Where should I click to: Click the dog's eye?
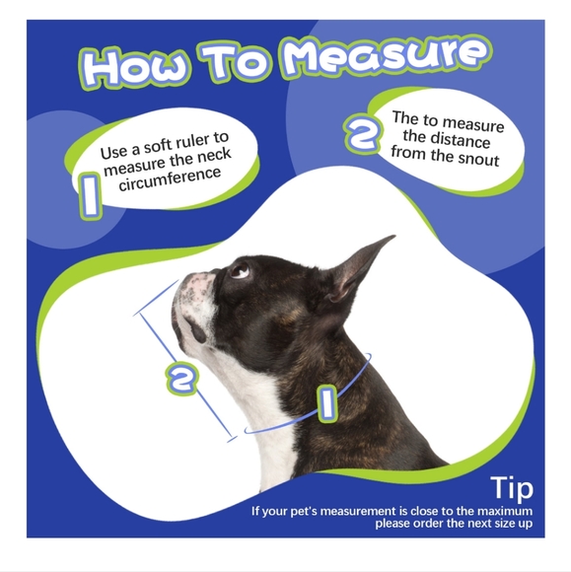pyautogui.click(x=240, y=270)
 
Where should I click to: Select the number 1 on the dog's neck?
pyautogui.click(x=327, y=403)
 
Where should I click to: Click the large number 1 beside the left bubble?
pyautogui.click(x=90, y=195)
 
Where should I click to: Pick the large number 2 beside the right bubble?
pyautogui.click(x=362, y=133)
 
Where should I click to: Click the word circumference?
pyautogui.click(x=170, y=179)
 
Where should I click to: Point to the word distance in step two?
pyautogui.click(x=461, y=140)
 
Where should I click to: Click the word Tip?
pyautogui.click(x=512, y=488)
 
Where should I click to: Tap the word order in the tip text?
pyautogui.click(x=426, y=524)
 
